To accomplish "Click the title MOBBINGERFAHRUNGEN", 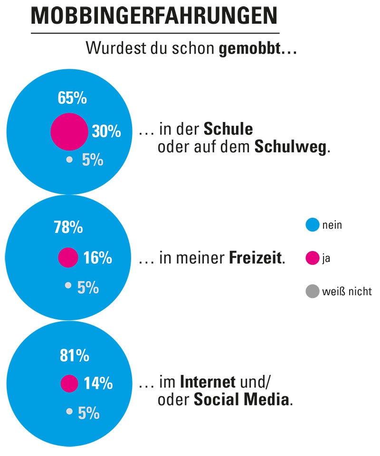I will point(154,17).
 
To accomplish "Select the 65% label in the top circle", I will point(72,98).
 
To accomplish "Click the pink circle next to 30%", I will point(69,131).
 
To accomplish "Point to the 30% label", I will point(106,132).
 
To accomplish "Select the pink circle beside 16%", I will point(68,258).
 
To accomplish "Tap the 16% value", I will point(98,258).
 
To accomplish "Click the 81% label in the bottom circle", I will point(75,355).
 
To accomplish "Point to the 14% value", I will point(98,383).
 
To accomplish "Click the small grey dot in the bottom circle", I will point(69,411).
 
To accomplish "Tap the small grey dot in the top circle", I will point(69,159).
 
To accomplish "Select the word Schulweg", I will point(291,147).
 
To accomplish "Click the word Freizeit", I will point(256,259).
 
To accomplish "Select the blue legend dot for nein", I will point(312,225).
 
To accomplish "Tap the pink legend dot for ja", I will point(312,259).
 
